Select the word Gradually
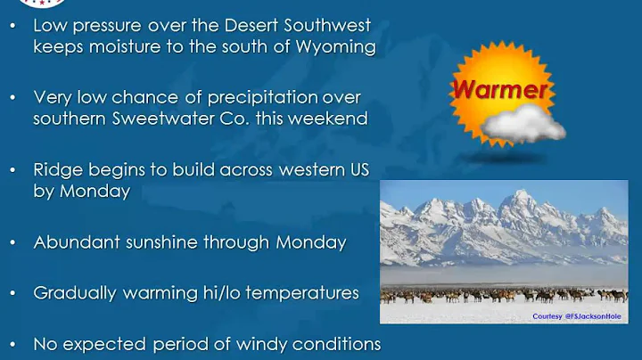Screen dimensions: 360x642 point(74,292)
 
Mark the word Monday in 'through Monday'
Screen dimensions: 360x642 point(310,241)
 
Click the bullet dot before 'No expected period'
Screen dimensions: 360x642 point(12,343)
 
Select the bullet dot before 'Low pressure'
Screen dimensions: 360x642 point(12,25)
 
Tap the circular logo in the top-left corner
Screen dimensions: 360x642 point(20,3)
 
